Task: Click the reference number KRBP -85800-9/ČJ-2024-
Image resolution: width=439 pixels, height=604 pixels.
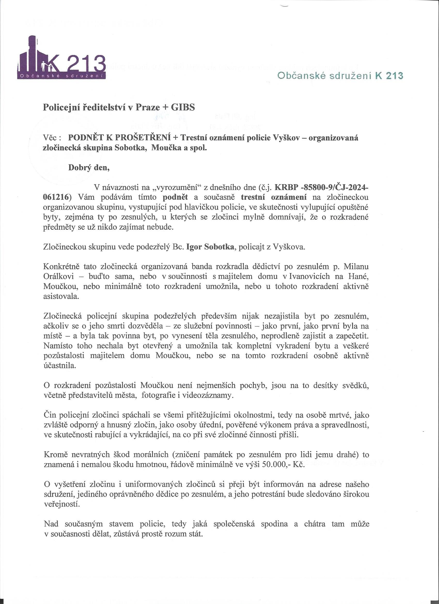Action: [x=322, y=188]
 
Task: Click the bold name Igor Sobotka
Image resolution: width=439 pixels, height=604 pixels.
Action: [x=210, y=247]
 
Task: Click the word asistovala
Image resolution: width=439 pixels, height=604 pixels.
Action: [x=61, y=296]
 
